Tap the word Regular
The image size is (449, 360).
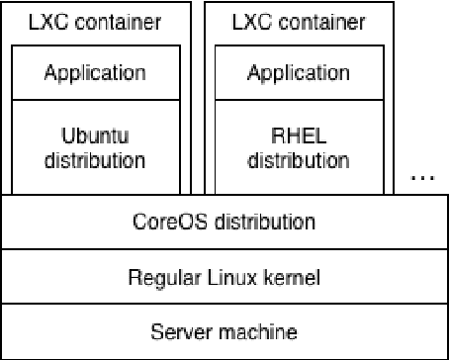pyautogui.click(x=162, y=278)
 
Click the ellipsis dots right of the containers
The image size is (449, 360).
pyautogui.click(x=422, y=178)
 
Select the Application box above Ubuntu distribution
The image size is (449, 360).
pyautogui.click(x=97, y=72)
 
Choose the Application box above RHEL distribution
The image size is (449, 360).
pyautogui.click(x=299, y=72)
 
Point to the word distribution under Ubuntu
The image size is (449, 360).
pyautogui.click(x=97, y=159)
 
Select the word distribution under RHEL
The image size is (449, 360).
pyautogui.click(x=299, y=159)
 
